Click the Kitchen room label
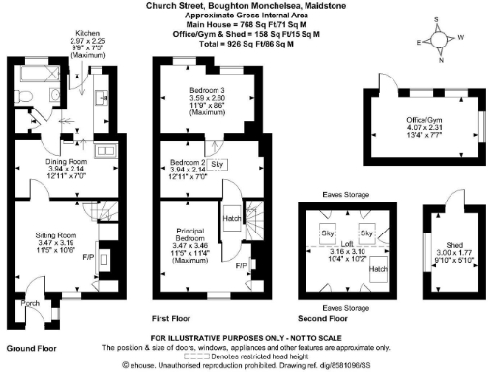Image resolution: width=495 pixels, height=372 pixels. pyautogui.click(x=87, y=32)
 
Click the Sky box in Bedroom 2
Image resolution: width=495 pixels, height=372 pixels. pyautogui.click(x=217, y=165)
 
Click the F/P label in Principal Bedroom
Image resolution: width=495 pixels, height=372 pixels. pyautogui.click(x=241, y=263)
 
